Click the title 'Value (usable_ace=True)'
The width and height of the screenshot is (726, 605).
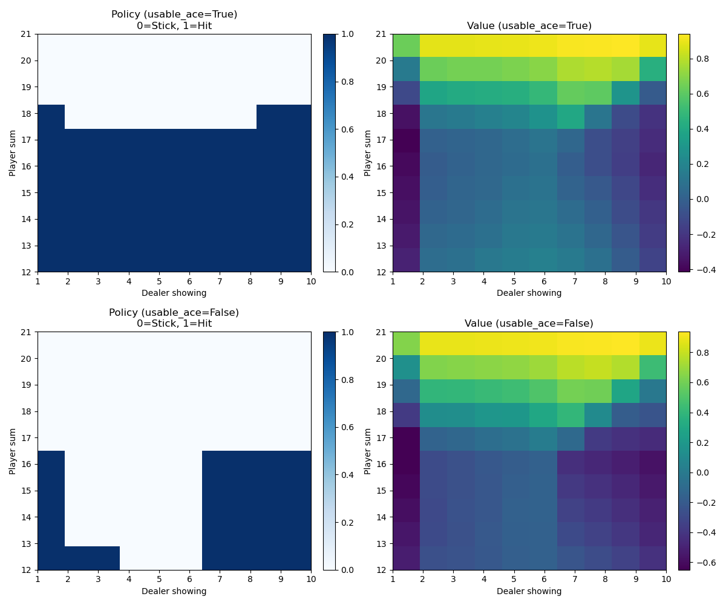[x=529, y=25]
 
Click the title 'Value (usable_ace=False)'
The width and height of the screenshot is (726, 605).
[x=529, y=323]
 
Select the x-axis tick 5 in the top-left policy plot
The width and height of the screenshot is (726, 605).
[x=159, y=281]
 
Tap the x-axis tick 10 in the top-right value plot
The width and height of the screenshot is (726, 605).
[x=665, y=281]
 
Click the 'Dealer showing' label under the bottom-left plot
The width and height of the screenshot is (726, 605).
[x=174, y=591]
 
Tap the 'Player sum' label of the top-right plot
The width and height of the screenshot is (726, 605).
[x=367, y=152]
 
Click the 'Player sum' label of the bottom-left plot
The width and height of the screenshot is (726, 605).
[x=12, y=451]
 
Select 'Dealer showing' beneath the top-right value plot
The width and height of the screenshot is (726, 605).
[x=529, y=293]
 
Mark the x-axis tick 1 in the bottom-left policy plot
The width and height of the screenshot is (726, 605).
[x=38, y=578]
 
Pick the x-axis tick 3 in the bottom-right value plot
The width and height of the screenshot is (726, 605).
[x=453, y=578]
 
